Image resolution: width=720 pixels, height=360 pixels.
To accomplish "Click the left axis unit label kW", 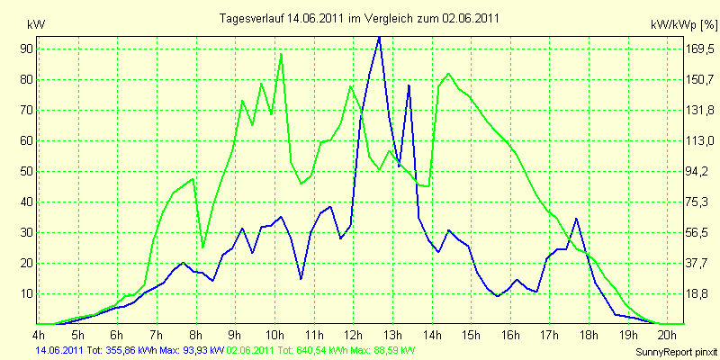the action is point(36,25).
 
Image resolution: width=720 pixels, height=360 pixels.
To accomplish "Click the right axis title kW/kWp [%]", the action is point(684,25).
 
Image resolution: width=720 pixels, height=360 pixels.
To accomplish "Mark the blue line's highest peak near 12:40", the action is point(379,37).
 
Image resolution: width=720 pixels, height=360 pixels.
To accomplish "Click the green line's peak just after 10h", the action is point(281,54).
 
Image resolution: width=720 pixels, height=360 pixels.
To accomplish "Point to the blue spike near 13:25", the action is point(409,85).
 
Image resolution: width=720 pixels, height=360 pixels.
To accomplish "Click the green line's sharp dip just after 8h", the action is point(203,247).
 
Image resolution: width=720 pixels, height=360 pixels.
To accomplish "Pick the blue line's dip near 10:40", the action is point(301,278).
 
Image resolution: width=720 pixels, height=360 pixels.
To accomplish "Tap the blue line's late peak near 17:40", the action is point(576,219).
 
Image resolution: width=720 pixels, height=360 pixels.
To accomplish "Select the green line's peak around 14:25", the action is point(448,74).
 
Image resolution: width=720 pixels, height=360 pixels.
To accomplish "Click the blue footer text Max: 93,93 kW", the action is point(190,350).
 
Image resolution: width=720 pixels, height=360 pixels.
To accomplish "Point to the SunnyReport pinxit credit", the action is point(676,352).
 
